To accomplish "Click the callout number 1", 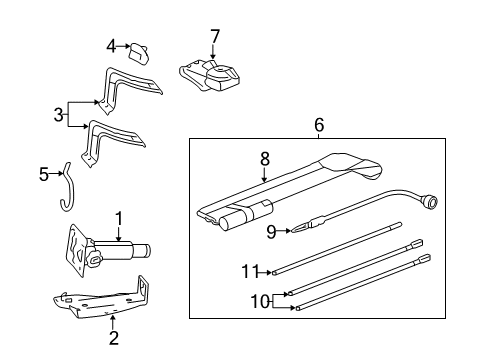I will (x=118, y=217).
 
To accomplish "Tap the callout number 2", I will (x=113, y=338).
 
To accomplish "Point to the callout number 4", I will (x=113, y=44).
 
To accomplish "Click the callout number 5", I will (x=44, y=174).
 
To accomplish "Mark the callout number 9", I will (x=270, y=233).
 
